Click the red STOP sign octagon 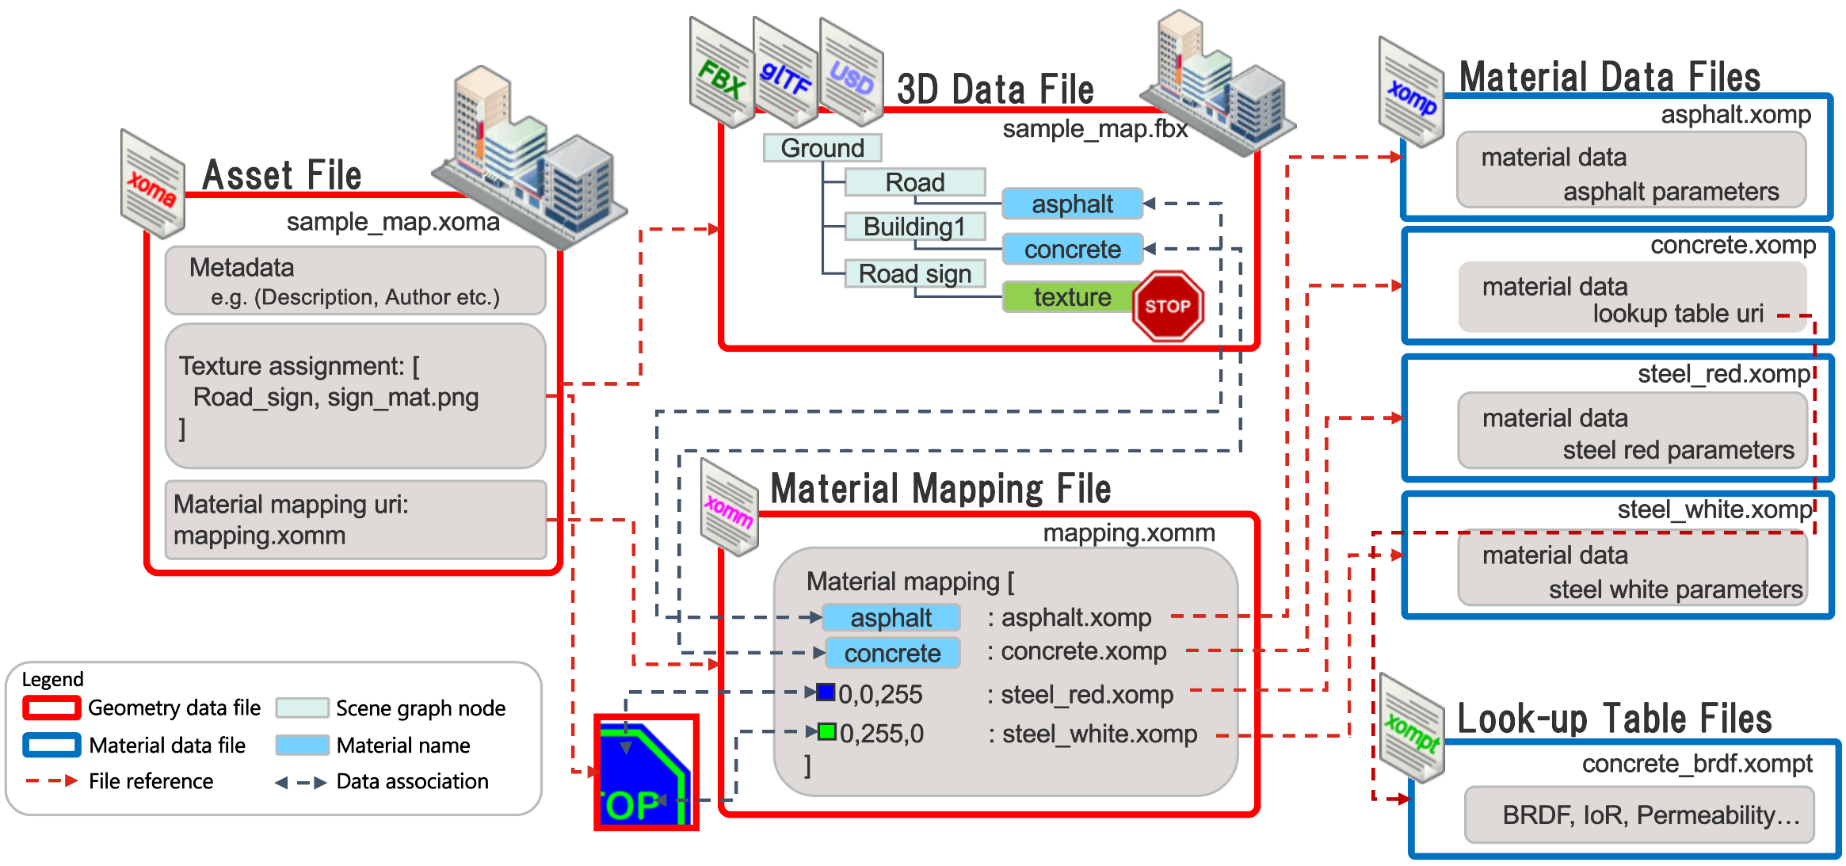[1168, 306]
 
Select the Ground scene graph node [822, 148]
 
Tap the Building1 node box [914, 227]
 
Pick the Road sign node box [914, 273]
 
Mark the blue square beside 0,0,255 [826, 692]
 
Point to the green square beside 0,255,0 [827, 731]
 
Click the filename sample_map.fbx [1095, 129]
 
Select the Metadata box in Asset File [355, 280]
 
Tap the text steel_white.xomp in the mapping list [1100, 734]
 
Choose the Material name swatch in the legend [302, 745]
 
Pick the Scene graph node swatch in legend [302, 708]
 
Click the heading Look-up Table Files [1614, 719]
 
